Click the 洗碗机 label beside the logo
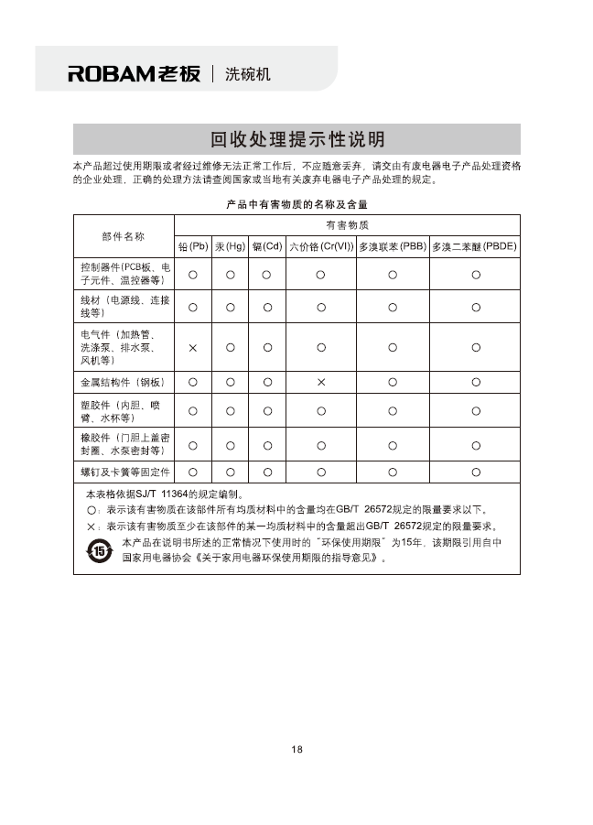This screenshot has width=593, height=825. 247,73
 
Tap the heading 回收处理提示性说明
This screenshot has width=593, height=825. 297,139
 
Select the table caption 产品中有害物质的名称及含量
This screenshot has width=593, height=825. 296,203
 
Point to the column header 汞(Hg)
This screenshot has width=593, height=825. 230,247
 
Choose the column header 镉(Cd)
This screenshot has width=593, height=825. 266,247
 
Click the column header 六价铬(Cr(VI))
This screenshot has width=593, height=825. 321,247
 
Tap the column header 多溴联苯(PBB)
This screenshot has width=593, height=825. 393,247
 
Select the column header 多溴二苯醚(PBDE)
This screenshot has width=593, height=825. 475,247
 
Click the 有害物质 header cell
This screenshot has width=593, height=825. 347,225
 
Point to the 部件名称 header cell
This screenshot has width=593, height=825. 124,236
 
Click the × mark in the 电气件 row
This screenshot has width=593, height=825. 193,348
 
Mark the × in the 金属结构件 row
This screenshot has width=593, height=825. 321,382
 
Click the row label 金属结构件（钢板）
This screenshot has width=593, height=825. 124,382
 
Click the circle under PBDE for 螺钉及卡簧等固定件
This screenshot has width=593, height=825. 476,472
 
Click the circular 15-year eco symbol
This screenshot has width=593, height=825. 99,550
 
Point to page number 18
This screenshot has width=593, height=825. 296,750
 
